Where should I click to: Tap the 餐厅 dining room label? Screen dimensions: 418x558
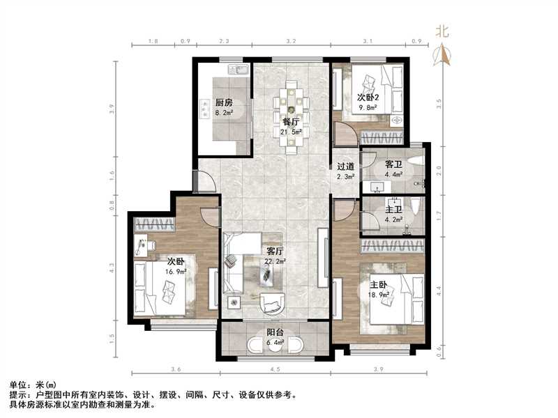291,121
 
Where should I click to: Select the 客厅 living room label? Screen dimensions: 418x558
274,251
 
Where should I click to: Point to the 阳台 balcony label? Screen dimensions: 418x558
274,332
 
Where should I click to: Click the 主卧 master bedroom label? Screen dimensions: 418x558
379,285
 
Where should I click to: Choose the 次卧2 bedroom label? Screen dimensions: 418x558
368,98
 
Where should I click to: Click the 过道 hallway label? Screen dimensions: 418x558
346,167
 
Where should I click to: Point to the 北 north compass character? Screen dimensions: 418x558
442,31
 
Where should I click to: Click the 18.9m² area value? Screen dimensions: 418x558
379,295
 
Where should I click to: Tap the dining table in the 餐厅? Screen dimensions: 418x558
293,116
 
